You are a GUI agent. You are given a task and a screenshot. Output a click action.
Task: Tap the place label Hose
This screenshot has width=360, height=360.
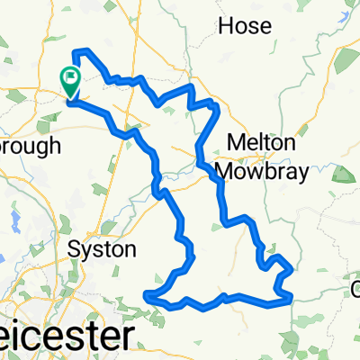pos(245,26)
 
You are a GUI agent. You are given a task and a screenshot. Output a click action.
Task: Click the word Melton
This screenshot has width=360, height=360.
pos(261,143)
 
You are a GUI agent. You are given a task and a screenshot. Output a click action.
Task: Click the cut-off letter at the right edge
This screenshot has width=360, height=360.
pos(355,289)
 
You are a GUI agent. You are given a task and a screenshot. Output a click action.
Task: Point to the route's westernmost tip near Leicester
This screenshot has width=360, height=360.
pos(146,294)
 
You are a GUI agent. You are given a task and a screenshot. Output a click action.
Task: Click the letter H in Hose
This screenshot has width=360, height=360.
pos(227,26)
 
